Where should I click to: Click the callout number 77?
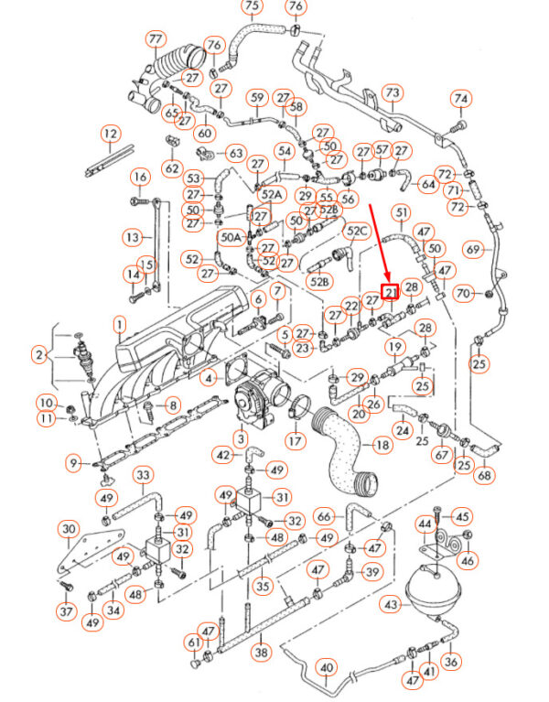[156, 39]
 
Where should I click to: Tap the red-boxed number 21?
[390, 292]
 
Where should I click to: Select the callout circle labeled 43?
[391, 605]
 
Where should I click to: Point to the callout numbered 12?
[111, 133]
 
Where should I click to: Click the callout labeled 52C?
[357, 231]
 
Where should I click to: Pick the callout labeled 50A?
[231, 237]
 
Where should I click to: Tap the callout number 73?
[392, 93]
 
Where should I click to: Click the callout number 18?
[382, 445]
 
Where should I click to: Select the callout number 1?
[120, 326]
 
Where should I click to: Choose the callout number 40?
[327, 668]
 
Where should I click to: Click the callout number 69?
[473, 249]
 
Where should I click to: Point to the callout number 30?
[68, 529]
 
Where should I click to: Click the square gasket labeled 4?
[239, 370]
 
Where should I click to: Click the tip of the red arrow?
[388, 280]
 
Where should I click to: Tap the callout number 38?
[262, 652]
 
